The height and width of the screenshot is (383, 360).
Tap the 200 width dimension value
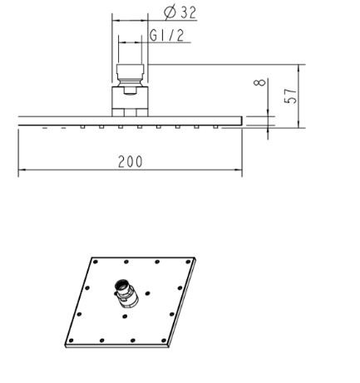130,162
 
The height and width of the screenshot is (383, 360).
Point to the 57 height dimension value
290,95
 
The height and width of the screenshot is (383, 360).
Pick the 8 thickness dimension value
261,84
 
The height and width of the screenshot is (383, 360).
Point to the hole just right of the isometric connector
147,292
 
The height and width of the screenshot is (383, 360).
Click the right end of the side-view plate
240,120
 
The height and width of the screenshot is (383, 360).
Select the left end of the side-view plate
20,120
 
